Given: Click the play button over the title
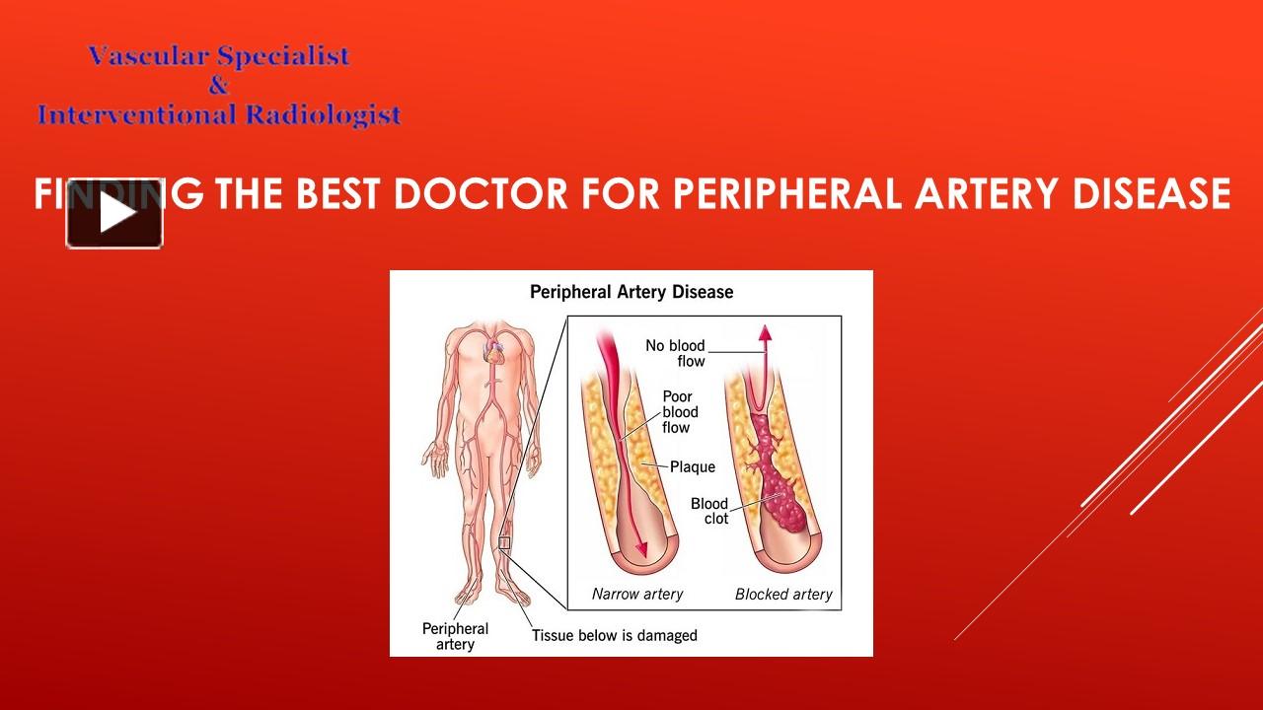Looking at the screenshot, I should [x=114, y=213].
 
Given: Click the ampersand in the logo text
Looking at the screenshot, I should [x=218, y=86].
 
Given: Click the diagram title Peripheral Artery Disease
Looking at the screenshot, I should [x=631, y=292].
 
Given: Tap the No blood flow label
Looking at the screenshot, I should [x=676, y=353].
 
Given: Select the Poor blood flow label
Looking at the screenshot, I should [x=680, y=412].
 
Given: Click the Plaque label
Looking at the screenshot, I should [x=693, y=466].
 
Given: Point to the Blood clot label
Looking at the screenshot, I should [x=709, y=511].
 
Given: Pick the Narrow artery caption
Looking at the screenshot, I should [x=637, y=594].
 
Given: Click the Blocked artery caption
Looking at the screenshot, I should [x=783, y=594].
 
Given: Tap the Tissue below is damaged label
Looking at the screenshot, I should [x=614, y=635].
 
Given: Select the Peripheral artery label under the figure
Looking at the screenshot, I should [x=455, y=636].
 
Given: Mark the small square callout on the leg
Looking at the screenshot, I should [x=504, y=542].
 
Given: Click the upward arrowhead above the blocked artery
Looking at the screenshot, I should [x=762, y=334].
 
